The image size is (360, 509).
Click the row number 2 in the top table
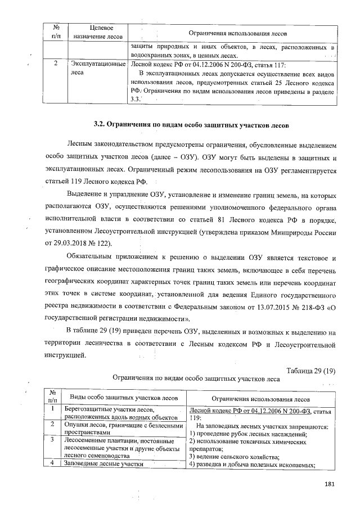click(x=55, y=64)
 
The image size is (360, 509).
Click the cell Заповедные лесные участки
click(x=101, y=463)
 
